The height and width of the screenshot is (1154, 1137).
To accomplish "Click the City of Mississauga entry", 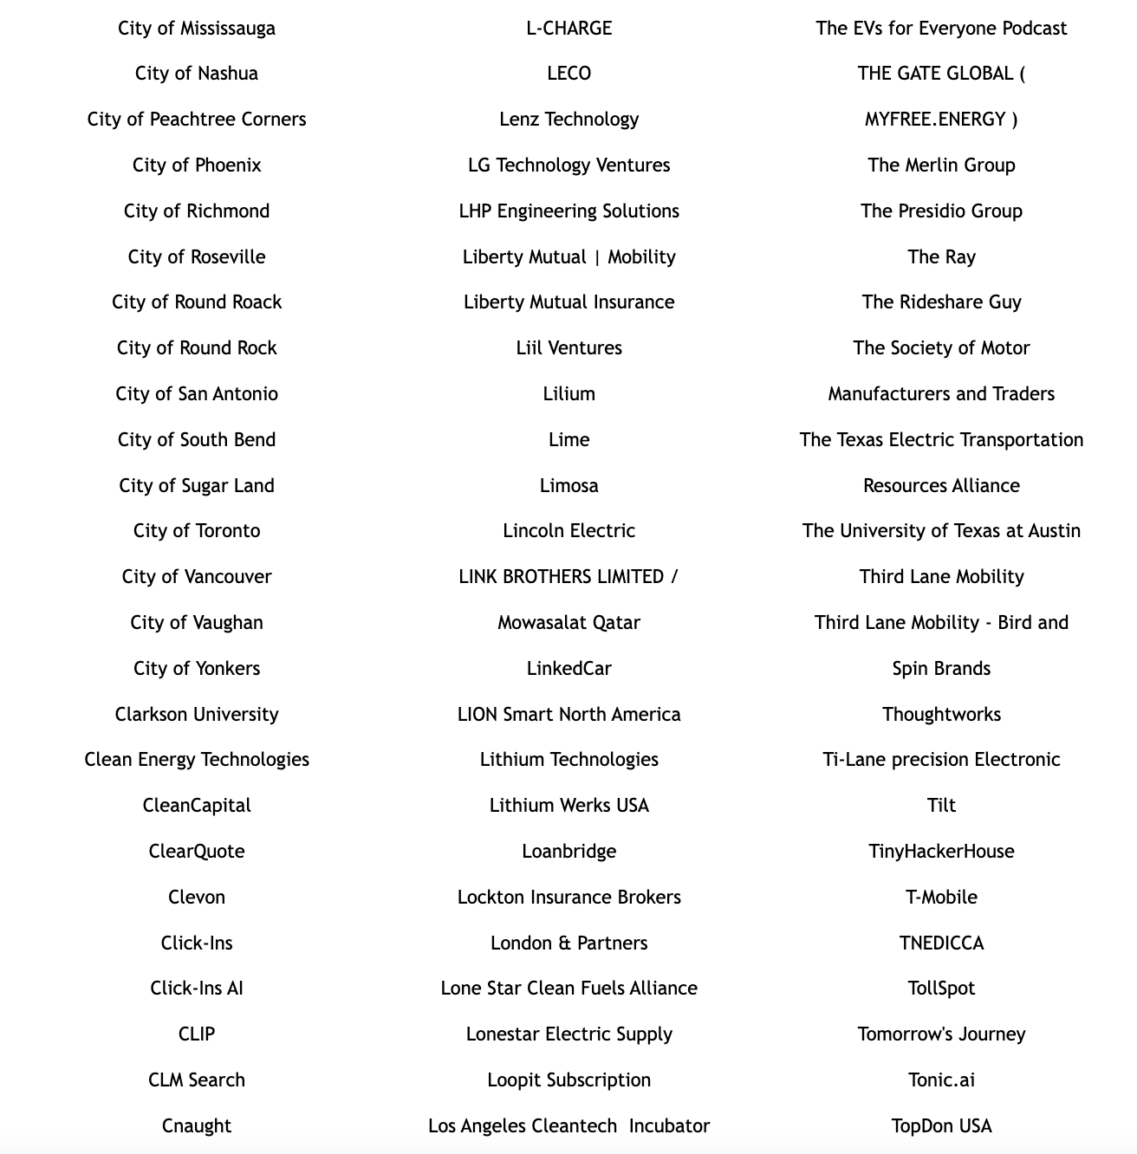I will [x=197, y=29].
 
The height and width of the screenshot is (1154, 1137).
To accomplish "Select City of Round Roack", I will [x=197, y=302].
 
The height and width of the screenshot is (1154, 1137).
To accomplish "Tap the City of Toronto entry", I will [x=197, y=531].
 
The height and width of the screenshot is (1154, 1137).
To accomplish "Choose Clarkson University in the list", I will [x=197, y=715].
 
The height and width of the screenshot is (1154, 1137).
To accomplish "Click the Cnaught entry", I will [x=197, y=1126].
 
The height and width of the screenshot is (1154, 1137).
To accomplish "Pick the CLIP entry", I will [x=197, y=1034].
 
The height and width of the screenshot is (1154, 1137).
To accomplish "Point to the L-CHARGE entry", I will [x=568, y=29].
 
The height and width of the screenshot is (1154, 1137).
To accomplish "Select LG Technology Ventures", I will [x=568, y=165].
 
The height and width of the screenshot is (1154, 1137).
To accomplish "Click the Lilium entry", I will [x=568, y=394].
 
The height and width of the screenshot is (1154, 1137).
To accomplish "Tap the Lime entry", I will [x=568, y=440].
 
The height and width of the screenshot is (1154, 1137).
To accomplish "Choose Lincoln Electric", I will [x=568, y=531].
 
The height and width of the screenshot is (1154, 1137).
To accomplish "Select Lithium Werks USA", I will [x=568, y=806].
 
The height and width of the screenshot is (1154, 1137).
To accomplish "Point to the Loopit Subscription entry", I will [x=568, y=1080].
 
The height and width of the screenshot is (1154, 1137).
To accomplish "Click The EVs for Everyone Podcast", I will [x=941, y=29].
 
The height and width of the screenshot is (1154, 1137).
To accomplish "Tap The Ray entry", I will [x=941, y=257].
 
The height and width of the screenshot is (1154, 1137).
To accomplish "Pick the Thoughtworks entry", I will [x=941, y=715].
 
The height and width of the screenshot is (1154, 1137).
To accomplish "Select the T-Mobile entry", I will [x=941, y=898].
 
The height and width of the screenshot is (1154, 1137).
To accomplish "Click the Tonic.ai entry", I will [x=941, y=1080].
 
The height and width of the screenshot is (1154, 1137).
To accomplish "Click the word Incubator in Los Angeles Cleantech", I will [x=669, y=1126].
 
